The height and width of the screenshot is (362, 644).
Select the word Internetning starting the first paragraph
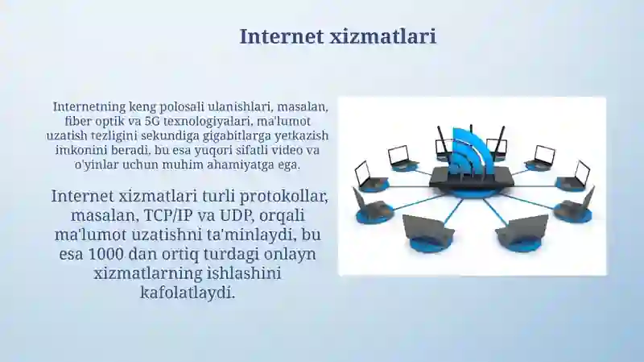(x=90, y=106)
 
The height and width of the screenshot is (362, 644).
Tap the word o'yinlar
(x=75, y=164)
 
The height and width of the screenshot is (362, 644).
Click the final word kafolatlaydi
(x=188, y=293)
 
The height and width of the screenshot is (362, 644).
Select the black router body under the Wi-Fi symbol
(x=472, y=176)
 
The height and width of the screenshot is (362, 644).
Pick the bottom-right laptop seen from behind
(x=522, y=231)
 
